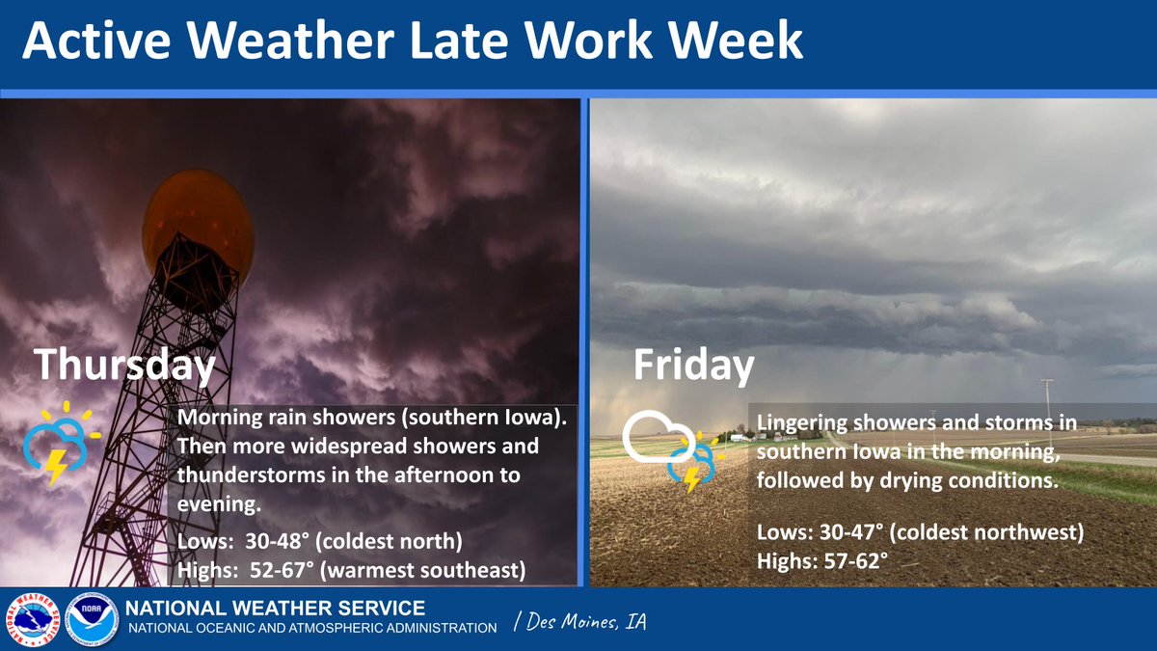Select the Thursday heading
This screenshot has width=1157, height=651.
[x=124, y=366]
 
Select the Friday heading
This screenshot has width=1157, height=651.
[x=693, y=366]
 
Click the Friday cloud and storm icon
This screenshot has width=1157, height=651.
[x=672, y=448]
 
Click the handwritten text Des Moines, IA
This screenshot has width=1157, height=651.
[x=580, y=624]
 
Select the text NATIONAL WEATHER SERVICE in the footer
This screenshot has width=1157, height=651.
[x=277, y=609]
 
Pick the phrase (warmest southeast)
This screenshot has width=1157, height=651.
[x=424, y=570]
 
